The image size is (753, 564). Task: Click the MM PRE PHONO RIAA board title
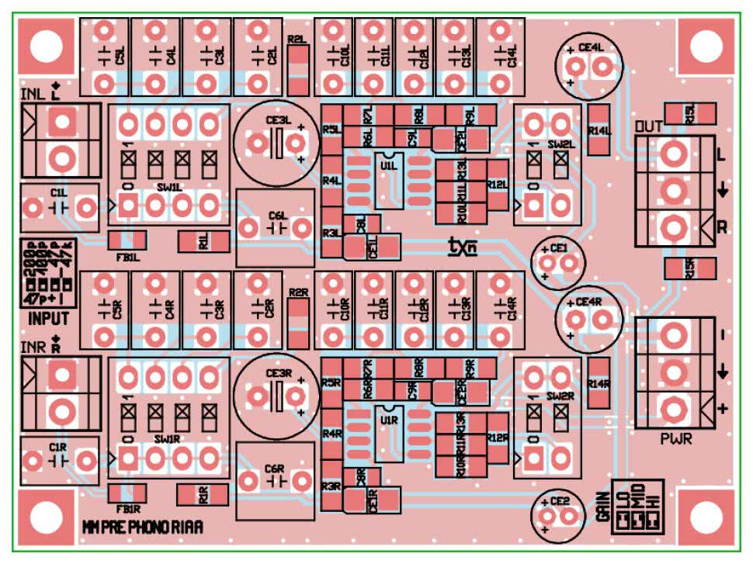[143, 528]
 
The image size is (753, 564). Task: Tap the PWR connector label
[676, 438]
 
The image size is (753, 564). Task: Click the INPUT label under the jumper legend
[48, 318]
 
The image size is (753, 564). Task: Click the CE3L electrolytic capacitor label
[277, 120]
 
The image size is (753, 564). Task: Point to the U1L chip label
[389, 165]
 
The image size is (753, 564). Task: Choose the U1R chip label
[389, 420]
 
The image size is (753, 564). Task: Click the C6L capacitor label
[277, 215]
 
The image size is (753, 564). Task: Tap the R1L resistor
[204, 242]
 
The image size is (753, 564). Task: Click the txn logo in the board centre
[462, 246]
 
